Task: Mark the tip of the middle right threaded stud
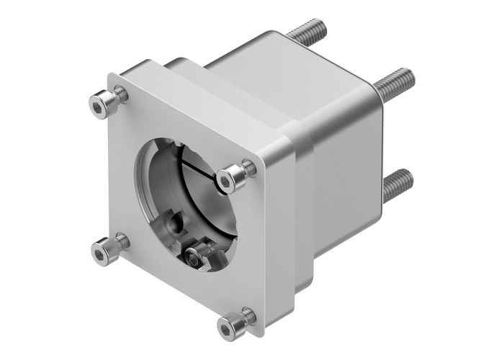[x=408, y=73]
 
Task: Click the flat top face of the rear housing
[x=288, y=65]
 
